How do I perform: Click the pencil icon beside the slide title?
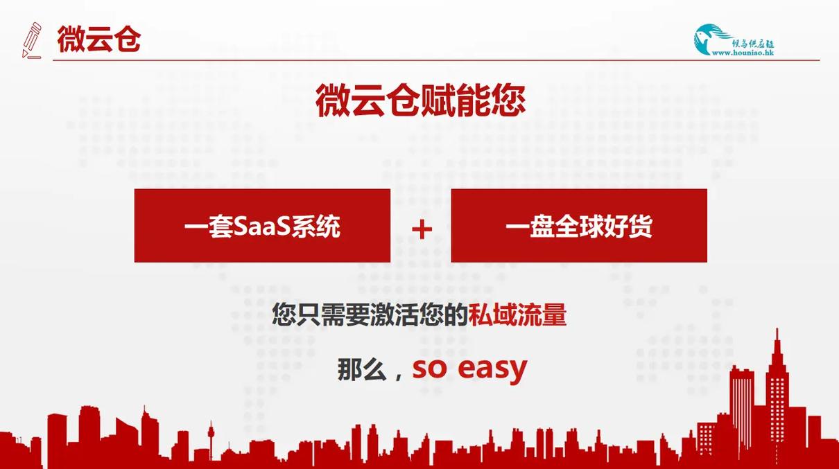tap(31, 40)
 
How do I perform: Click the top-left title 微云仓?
tap(99, 39)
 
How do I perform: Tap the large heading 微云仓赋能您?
tap(421, 100)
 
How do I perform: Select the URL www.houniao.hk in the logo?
tap(743, 53)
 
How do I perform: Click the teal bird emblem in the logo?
tap(710, 39)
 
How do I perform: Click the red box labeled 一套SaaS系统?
tap(262, 225)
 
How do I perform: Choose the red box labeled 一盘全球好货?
tap(579, 225)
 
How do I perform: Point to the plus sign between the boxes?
tap(422, 229)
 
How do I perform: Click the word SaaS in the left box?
tap(262, 227)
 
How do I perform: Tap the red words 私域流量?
tap(517, 315)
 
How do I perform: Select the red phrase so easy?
tap(469, 369)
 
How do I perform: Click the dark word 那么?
tap(362, 369)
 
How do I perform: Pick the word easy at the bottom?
tap(492, 369)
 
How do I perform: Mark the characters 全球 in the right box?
tap(579, 227)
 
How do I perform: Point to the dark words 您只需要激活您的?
tap(370, 315)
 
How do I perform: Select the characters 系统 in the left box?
tap(315, 227)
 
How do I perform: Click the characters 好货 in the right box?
tap(628, 227)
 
